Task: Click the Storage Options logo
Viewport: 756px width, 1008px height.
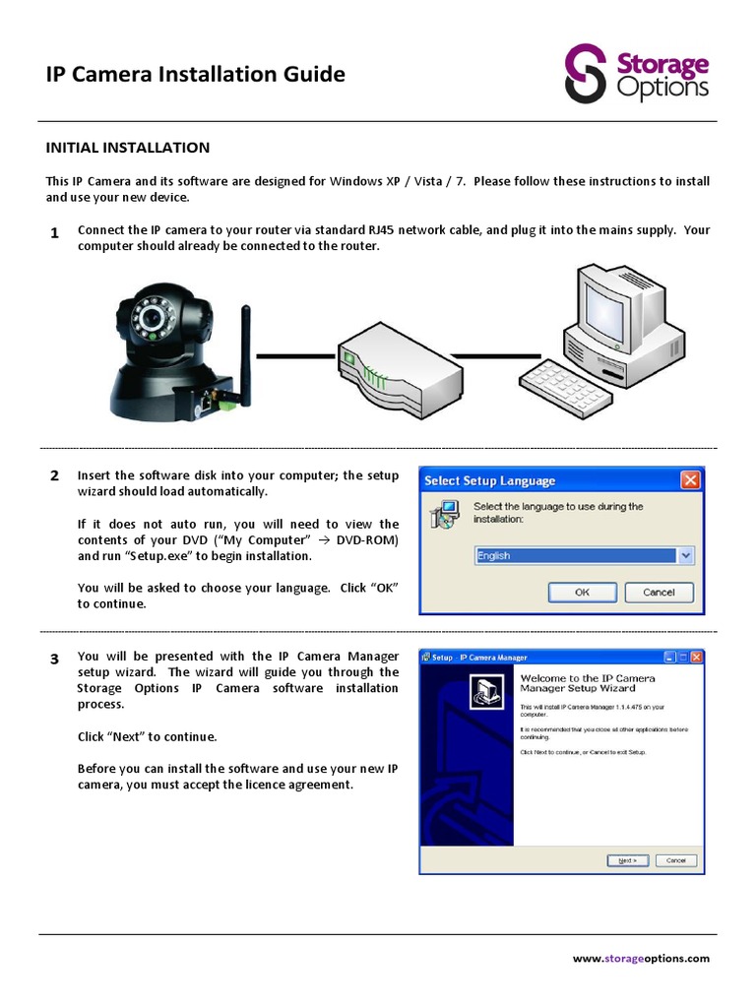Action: pos(636,73)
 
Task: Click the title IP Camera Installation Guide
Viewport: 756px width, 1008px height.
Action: pos(196,74)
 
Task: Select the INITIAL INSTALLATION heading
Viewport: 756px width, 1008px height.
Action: pos(128,148)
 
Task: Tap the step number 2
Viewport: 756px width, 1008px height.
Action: pos(54,475)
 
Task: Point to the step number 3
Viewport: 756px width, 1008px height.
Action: pos(54,659)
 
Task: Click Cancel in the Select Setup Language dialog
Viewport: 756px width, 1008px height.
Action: pos(659,592)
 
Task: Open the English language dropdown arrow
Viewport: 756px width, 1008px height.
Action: pos(686,556)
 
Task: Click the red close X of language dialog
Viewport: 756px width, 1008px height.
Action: pos(690,480)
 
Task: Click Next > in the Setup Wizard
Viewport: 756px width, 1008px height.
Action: pos(627,859)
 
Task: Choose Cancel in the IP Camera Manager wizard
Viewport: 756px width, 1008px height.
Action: pos(675,859)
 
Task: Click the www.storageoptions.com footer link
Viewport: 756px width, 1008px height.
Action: pos(640,958)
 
